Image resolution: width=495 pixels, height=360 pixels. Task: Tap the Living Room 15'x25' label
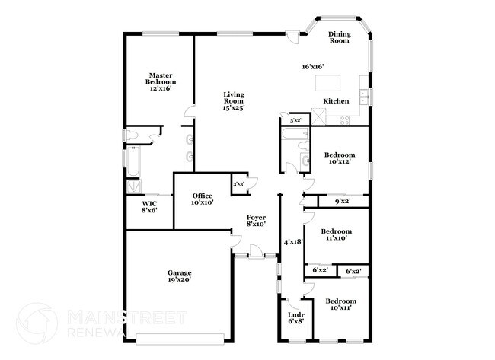[x=233, y=101]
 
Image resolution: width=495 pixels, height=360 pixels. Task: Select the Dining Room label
[x=339, y=37]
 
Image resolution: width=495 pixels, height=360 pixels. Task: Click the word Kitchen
[x=336, y=101]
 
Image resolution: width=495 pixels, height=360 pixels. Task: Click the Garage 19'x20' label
[x=180, y=276]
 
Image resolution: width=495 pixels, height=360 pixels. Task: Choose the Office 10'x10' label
[x=202, y=199]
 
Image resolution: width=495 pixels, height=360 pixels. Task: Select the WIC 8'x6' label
[x=149, y=206]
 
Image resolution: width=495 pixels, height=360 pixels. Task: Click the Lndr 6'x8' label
[x=295, y=317]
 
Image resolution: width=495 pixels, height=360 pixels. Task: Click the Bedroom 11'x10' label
[x=335, y=234]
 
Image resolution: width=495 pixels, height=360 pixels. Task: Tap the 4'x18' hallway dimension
[x=293, y=242]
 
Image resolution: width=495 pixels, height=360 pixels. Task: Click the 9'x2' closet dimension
[x=343, y=202]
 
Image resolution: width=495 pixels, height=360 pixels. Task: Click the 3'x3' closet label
[x=238, y=184]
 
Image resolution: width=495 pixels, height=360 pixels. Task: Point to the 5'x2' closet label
[x=295, y=120]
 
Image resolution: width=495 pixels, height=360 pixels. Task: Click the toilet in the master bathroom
[x=132, y=135]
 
